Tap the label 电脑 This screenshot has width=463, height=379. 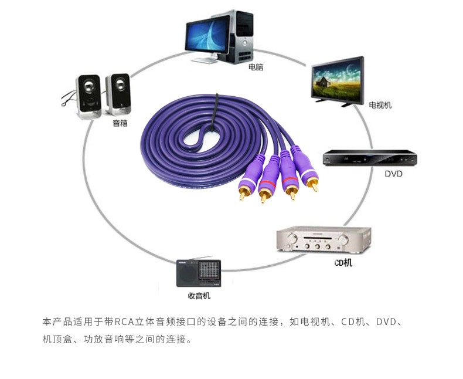pos(256,67)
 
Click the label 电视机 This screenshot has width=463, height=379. pos(380,106)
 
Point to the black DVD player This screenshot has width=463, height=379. pos(370,158)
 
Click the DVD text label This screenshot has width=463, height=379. pos(393,174)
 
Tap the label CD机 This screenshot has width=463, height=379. pos(343,263)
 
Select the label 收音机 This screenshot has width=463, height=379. pos(199,296)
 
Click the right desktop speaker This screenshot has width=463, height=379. pos(118,93)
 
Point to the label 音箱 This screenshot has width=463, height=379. pos(120,124)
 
